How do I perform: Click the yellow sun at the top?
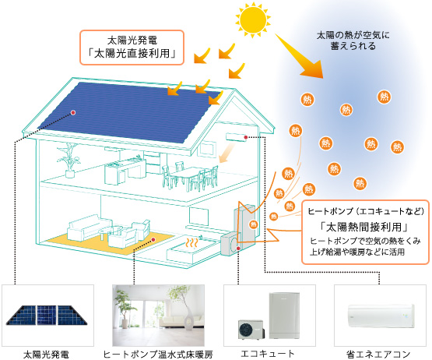pos(253,19)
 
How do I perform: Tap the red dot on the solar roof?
pos(73,112)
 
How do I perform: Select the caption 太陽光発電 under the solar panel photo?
pos(46,355)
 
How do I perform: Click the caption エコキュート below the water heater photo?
pos(267,354)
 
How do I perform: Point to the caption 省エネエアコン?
pos(378,354)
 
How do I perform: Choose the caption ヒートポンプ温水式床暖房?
pos(158,355)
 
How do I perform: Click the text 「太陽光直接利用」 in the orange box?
pos(132,54)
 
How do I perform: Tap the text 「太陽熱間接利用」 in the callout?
pos(364,227)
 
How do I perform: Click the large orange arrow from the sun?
pos(299,56)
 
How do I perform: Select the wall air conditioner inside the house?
pos(236,137)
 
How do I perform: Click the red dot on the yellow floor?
pos(153,240)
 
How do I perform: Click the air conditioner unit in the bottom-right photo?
pos(381,316)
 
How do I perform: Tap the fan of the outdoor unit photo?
pos(246,330)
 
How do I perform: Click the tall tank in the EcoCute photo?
pos(284,316)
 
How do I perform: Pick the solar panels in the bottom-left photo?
pos(46,315)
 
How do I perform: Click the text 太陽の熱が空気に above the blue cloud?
pos(353,35)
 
